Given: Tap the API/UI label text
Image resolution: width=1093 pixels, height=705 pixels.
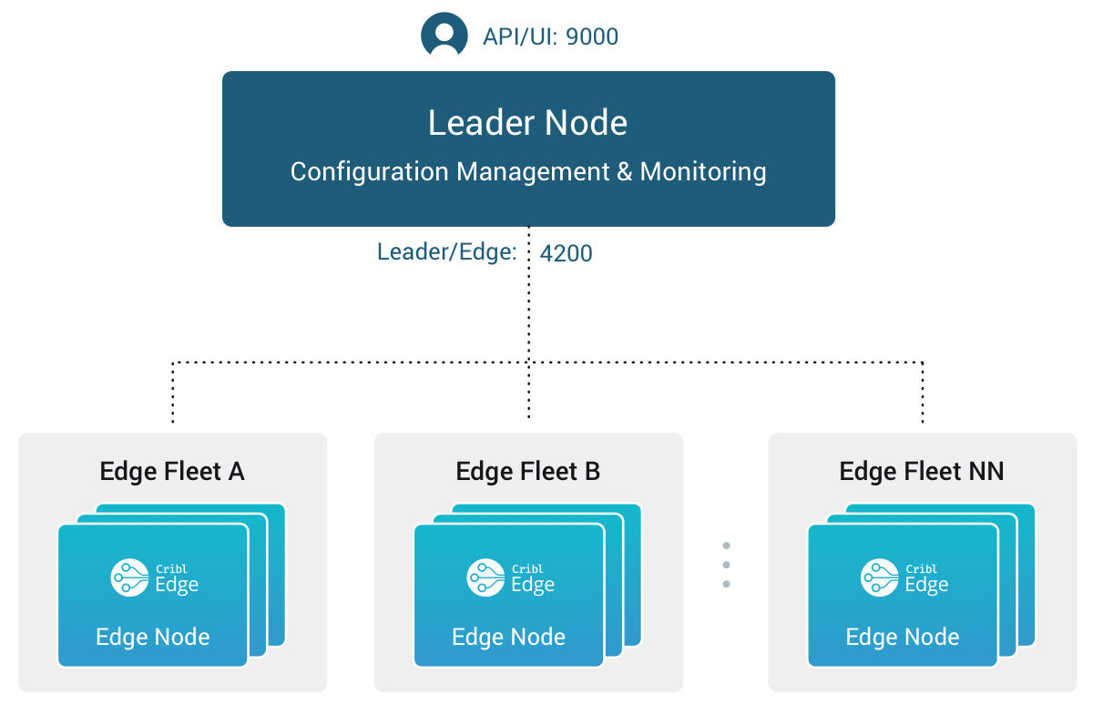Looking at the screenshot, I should (520, 37).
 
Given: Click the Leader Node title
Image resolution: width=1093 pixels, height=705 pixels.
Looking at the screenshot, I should (527, 123).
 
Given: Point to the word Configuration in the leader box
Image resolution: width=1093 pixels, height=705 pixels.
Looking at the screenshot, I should (369, 171).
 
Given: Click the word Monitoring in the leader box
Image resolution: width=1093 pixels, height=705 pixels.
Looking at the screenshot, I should (702, 171).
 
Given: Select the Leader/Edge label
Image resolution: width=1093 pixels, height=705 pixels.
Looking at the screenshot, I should (446, 252).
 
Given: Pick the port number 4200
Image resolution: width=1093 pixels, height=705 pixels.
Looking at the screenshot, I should (566, 253).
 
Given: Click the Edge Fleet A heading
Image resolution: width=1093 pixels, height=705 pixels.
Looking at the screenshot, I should (172, 471).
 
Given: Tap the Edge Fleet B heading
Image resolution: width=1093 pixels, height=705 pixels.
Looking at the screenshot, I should (528, 471).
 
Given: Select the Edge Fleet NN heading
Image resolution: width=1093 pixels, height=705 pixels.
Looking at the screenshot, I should (921, 471).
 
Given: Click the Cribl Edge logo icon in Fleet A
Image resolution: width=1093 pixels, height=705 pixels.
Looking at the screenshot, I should (128, 577).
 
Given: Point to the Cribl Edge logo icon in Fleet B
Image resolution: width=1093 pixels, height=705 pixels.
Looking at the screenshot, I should (485, 577).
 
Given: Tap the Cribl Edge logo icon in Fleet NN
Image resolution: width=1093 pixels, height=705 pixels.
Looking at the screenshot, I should (878, 577).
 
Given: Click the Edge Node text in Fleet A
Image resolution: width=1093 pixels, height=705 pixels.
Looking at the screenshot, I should (153, 637).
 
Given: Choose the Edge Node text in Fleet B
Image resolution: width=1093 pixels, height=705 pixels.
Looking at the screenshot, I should (509, 637).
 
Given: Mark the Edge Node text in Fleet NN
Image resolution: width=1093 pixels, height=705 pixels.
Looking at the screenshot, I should (903, 637).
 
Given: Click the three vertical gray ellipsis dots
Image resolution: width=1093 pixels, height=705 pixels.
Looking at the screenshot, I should (726, 565).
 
